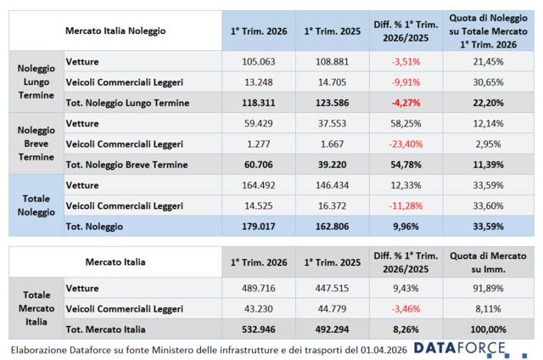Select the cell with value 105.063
click(254, 62)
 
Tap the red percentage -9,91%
click(406, 83)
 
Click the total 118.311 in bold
click(254, 103)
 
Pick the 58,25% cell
click(406, 123)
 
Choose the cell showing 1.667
click(330, 143)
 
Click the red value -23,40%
click(406, 143)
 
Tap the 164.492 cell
click(254, 184)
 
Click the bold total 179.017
click(254, 226)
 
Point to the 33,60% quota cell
click(487, 205)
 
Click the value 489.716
click(254, 288)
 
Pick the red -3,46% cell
click(406, 308)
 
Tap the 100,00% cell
click(487, 329)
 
